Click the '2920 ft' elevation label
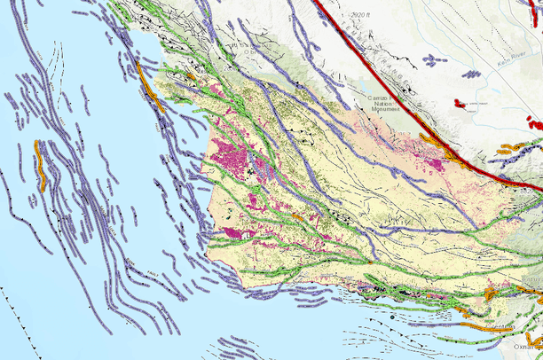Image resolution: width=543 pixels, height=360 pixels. (x=360, y=15)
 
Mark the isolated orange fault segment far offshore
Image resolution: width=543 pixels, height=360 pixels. (x=41, y=165)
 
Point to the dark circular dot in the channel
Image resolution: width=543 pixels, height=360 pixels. (x=391, y=316)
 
